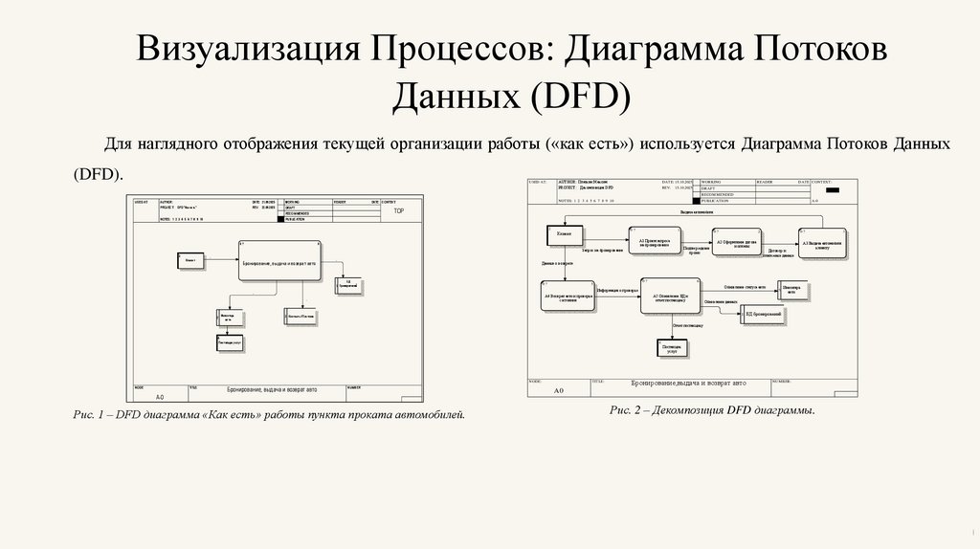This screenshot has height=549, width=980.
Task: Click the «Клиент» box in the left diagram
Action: (191, 260)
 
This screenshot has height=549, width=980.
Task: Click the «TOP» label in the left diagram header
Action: (399, 210)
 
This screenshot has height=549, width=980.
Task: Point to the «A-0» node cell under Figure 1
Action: (160, 395)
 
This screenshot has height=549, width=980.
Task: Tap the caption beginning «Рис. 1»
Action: (269, 415)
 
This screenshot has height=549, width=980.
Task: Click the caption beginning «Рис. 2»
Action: (711, 409)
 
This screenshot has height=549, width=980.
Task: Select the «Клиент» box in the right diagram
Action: (564, 233)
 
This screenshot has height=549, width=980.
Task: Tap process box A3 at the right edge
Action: (822, 243)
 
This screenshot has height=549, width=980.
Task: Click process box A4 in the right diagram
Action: (569, 296)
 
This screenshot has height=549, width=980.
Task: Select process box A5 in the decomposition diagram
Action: (669, 296)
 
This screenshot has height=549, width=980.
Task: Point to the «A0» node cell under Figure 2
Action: (559, 390)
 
